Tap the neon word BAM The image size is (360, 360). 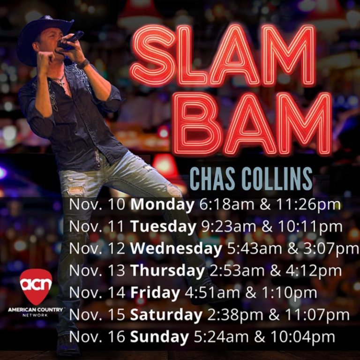coord(253,124)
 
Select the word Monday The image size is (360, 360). coord(162,205)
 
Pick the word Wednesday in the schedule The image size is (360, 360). coord(176,249)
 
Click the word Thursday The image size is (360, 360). coord(167,271)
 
